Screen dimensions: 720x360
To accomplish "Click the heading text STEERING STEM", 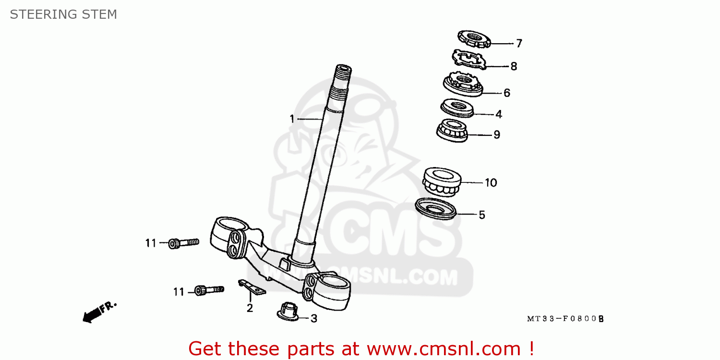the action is [63, 14].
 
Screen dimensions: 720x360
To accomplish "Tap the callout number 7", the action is [519, 43].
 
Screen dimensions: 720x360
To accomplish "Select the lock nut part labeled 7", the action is [474, 39].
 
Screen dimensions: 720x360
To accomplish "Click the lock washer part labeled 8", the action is [468, 59].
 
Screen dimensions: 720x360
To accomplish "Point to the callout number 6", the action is [506, 93].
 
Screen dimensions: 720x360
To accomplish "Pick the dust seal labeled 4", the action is [457, 108].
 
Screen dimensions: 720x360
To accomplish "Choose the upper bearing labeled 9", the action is [452, 131].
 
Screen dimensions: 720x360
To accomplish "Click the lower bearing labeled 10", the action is [442, 181].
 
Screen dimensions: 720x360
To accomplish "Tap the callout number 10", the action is [491, 183].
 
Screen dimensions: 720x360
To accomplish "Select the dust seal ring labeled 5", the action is [435, 209].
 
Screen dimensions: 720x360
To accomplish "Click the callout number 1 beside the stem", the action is [292, 119].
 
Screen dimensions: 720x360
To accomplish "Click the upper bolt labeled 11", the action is [183, 243].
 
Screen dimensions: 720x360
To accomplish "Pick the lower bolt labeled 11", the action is [209, 290].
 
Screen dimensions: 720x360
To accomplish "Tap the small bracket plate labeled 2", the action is [252, 287].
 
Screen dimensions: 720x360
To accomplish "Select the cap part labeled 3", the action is [288, 312].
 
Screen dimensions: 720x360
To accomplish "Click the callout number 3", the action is [314, 319].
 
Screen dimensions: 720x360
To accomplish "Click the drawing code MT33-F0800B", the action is [565, 319].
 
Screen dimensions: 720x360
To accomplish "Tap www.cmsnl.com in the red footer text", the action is [444, 349].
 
